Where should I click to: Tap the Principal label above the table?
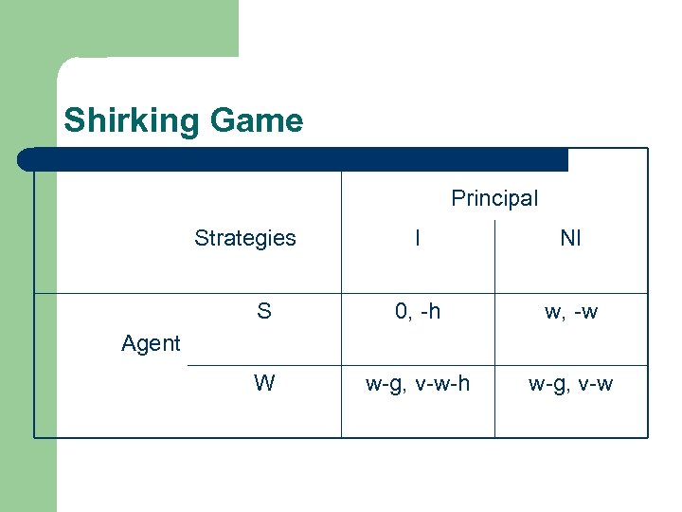click(x=494, y=198)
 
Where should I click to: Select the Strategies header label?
click(x=245, y=238)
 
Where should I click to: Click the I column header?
click(x=418, y=238)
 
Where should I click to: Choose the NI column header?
click(x=570, y=238)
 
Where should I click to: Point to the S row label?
click(x=264, y=311)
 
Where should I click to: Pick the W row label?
click(x=264, y=383)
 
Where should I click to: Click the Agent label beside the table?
click(x=151, y=343)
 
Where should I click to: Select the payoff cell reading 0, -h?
click(x=418, y=311)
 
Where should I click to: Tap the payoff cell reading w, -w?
click(x=570, y=311)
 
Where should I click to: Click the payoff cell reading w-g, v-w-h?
click(x=418, y=383)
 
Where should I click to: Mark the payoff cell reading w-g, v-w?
click(x=570, y=383)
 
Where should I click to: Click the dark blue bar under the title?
click(x=294, y=159)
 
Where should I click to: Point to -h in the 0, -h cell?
click(x=428, y=311)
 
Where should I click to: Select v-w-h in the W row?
click(x=441, y=383)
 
